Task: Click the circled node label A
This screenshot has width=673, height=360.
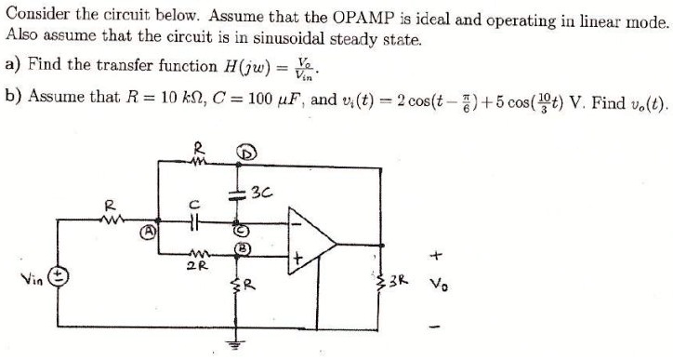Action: (x=149, y=232)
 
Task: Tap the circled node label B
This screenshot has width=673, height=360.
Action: (x=242, y=248)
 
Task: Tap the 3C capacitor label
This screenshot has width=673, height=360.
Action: (x=261, y=193)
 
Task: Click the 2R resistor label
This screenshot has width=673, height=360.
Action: (x=197, y=266)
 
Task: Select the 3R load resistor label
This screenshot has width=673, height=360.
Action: (x=398, y=281)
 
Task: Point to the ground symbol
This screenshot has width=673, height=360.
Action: (x=234, y=342)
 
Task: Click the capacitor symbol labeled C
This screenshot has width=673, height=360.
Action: (x=193, y=222)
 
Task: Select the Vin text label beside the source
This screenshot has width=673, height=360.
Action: (x=33, y=280)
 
